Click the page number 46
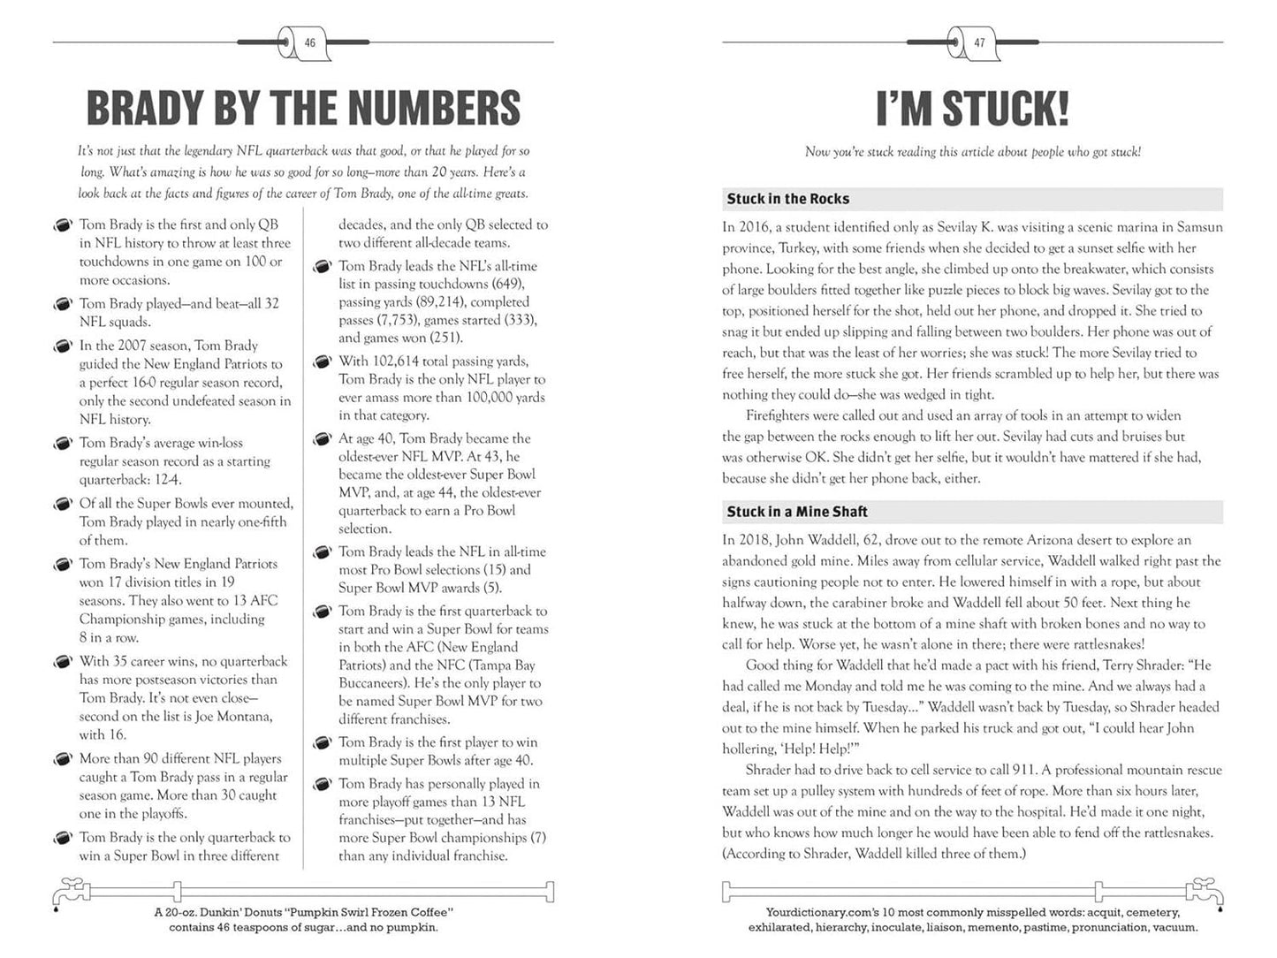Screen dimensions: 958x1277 (x=309, y=42)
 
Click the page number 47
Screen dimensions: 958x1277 (x=978, y=42)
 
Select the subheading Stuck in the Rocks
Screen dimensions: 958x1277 (x=787, y=199)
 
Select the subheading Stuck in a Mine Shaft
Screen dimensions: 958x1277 (x=796, y=512)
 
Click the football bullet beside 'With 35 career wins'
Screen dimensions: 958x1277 (x=63, y=662)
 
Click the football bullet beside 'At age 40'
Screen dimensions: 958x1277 (x=323, y=439)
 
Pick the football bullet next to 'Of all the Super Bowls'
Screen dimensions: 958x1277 (x=63, y=505)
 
